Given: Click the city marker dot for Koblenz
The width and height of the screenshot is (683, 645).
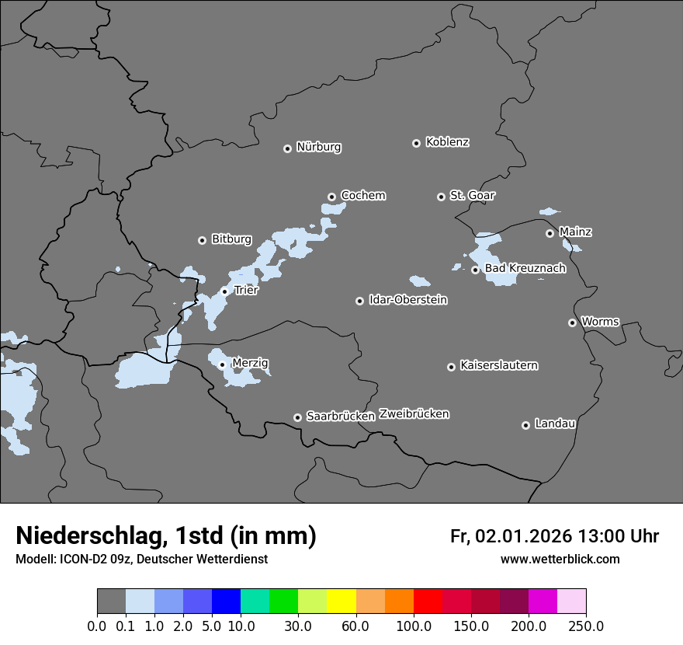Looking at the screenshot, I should tap(417, 143).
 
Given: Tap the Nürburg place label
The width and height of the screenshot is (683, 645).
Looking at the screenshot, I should tap(319, 147).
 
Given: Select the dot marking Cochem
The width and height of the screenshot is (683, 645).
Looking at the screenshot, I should tap(331, 197).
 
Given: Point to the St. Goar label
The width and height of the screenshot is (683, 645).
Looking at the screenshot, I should tap(472, 195).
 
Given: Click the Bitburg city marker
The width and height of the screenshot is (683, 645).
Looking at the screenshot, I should tap(203, 240).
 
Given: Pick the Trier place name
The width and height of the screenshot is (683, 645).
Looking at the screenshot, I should tap(246, 290).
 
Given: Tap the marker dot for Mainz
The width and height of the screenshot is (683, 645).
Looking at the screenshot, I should tap(550, 233).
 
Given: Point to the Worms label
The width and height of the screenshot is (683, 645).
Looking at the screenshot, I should tap(600, 321).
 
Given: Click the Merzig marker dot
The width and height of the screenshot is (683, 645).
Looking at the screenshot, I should tap(222, 364).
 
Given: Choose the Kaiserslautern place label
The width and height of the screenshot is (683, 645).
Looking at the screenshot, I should tap(498, 365).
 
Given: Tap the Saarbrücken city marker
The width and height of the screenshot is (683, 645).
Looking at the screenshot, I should tap(297, 417).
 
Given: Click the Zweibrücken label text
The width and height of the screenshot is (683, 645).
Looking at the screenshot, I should tap(414, 414).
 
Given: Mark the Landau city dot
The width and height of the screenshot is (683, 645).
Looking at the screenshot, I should tap(525, 425).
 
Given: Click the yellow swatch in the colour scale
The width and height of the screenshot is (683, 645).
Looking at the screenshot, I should tap(341, 601).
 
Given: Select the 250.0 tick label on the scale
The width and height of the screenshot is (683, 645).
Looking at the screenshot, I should tap(586, 626).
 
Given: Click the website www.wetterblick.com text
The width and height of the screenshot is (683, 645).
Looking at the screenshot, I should tap(560, 559).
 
